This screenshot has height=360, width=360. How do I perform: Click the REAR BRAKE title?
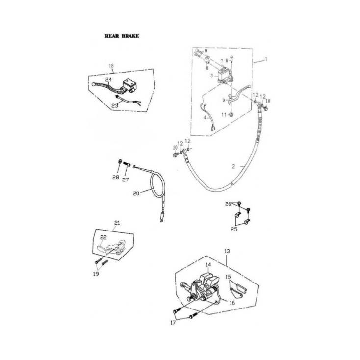pyautogui.click(x=122, y=36)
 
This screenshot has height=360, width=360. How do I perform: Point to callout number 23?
pyautogui.click(x=114, y=105)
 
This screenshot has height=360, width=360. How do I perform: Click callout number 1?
pyautogui.click(x=265, y=59)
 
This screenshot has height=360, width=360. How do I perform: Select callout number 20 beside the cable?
pyautogui.click(x=136, y=193)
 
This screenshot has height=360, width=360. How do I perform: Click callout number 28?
pyautogui.click(x=116, y=177)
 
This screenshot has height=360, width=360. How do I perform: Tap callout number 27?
pyautogui.click(x=126, y=180)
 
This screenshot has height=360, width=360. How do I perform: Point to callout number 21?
pyautogui.click(x=116, y=222)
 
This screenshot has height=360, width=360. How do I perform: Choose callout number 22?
pyautogui.click(x=103, y=237)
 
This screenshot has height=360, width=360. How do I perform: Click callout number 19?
pyautogui.click(x=96, y=274)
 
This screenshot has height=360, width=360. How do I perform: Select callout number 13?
pyautogui.click(x=227, y=251)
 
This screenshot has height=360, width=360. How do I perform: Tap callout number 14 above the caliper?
pyautogui.click(x=208, y=265)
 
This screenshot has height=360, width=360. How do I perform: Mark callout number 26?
pyautogui.click(x=228, y=204)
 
